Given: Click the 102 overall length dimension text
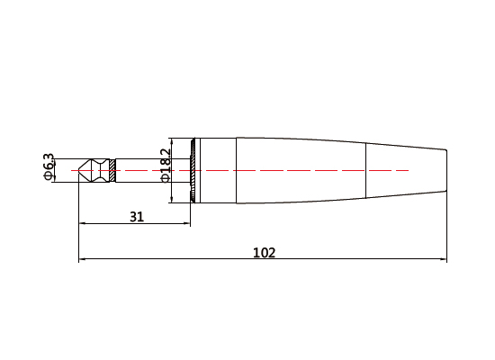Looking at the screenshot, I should click(x=263, y=253).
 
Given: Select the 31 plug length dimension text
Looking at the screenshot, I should click(x=136, y=216).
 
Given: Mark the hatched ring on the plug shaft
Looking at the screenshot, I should click(x=112, y=169).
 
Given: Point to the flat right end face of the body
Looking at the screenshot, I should click(x=446, y=169).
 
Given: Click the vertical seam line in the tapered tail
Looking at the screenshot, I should click(x=366, y=169).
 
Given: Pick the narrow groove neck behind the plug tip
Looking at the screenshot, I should click(x=96, y=169).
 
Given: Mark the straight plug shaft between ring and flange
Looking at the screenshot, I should click(x=153, y=169).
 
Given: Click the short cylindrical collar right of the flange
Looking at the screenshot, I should click(x=216, y=169).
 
